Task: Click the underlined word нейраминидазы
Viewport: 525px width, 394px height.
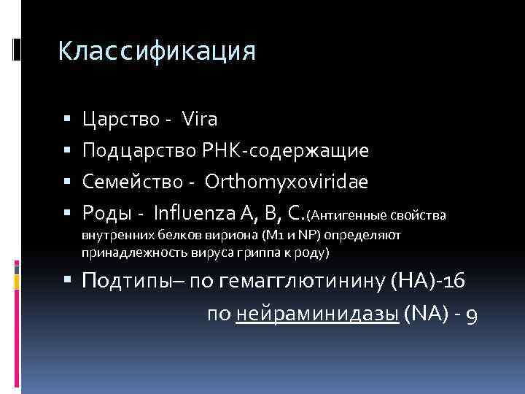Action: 317,315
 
